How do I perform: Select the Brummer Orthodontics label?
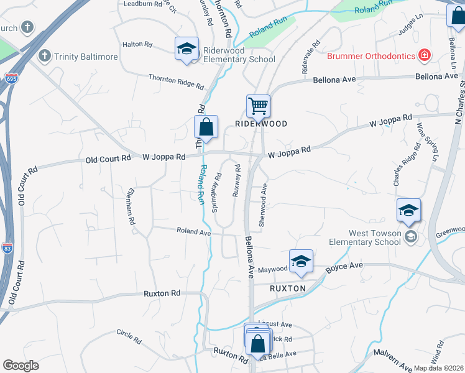coord(371,56)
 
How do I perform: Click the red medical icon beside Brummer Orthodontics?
coord(425,55)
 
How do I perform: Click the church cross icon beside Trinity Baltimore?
coord(44,56)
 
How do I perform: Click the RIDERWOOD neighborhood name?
coord(261,124)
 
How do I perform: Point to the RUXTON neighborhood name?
coord(288,288)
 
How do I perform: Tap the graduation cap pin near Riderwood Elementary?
coord(185,50)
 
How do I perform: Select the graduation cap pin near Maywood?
coord(300,262)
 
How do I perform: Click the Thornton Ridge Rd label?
coord(176,81)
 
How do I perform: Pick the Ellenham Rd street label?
coord(132,208)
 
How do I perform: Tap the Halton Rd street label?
coord(137,45)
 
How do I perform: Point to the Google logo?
coord(21,366)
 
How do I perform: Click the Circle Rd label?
coord(128,336)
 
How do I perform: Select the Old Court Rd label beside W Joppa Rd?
coord(108,159)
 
